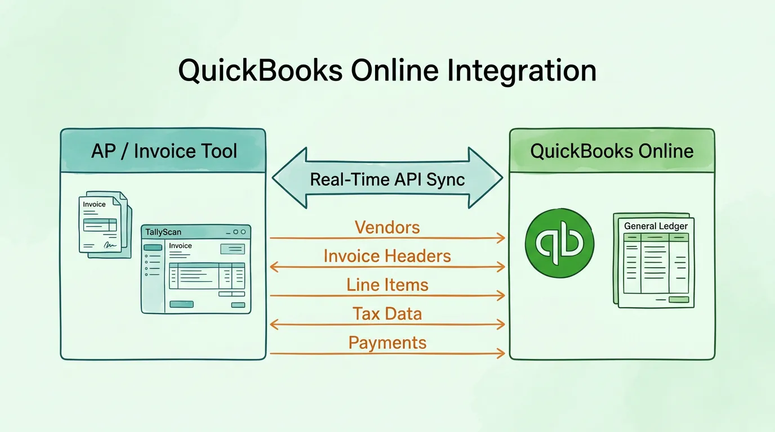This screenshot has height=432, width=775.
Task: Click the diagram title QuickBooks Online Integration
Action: (x=387, y=71)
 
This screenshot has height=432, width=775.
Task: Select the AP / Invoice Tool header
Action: (x=163, y=151)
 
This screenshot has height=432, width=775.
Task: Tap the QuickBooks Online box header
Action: (x=612, y=151)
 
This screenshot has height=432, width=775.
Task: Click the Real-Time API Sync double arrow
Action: (x=387, y=179)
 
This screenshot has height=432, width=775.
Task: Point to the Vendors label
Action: (x=387, y=227)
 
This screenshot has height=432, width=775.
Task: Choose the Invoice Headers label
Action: (x=387, y=256)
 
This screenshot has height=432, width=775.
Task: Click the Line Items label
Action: (x=387, y=285)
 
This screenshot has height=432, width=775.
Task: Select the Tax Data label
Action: (x=387, y=313)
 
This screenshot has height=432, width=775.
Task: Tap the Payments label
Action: (x=387, y=343)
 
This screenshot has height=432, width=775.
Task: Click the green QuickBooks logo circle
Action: (x=559, y=243)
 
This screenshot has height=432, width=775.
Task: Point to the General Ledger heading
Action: (x=656, y=226)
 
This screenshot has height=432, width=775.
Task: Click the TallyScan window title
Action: (x=163, y=232)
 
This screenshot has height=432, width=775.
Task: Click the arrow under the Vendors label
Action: (x=387, y=238)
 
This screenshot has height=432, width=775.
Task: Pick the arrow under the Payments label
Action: (x=387, y=353)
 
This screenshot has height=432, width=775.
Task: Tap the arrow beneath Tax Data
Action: (x=387, y=324)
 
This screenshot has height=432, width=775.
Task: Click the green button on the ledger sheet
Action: (x=678, y=300)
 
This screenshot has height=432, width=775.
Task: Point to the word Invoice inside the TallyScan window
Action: (x=180, y=246)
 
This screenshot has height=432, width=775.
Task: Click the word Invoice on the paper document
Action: (x=94, y=204)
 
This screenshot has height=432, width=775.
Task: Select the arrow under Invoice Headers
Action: (x=387, y=267)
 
